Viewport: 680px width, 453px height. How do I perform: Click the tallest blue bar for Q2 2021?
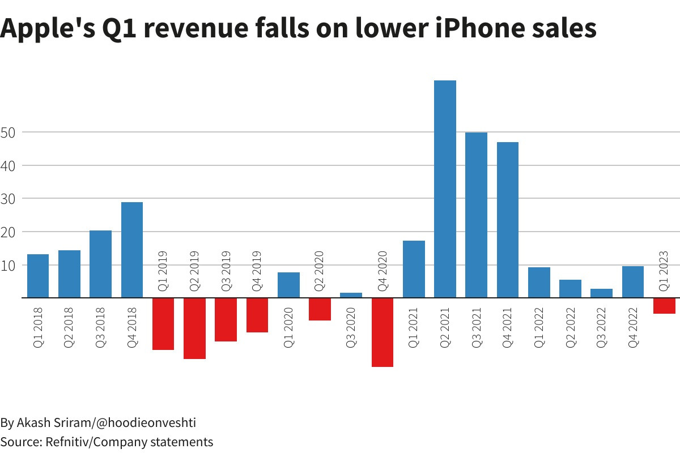tap(445, 189)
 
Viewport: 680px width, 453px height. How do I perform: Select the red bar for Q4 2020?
tap(382, 332)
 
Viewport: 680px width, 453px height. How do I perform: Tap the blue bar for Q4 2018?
tap(132, 250)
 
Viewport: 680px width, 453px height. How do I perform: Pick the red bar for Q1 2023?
tap(664, 306)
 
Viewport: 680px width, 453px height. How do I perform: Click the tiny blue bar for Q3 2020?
tap(351, 295)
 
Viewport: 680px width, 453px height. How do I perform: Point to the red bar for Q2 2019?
tap(194, 328)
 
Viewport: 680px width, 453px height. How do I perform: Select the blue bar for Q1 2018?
tap(38, 276)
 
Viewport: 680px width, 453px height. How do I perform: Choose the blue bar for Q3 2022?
tap(602, 293)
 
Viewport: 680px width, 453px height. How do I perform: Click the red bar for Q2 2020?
tap(320, 309)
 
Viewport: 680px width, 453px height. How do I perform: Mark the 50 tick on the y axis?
tap(11, 133)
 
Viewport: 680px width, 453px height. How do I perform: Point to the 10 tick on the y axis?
tap(11, 265)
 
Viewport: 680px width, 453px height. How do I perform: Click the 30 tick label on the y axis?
tap(11, 199)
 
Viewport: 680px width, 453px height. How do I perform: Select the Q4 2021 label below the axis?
tap(507, 327)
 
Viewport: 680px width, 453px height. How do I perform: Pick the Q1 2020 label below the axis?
tap(288, 327)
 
